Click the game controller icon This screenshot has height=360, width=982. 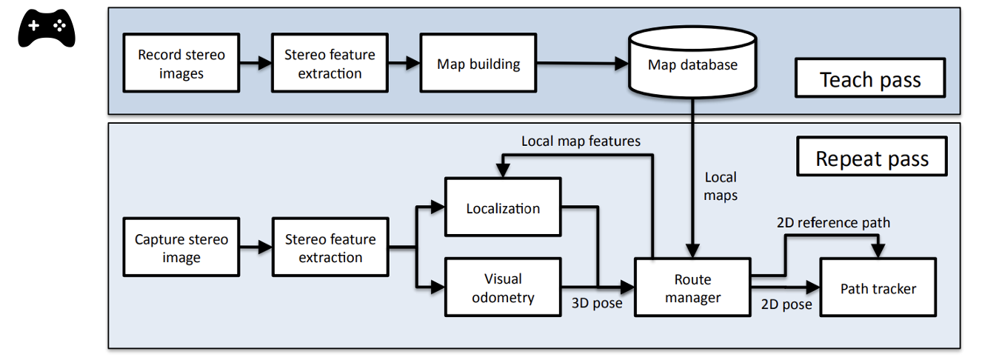[46, 29]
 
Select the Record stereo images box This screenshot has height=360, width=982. [181, 64]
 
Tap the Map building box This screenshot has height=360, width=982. [478, 64]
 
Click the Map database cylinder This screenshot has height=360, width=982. [692, 65]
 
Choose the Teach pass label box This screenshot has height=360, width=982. [870, 79]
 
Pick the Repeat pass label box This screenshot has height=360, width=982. [872, 158]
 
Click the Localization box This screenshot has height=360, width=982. [503, 208]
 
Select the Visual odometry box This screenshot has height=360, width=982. [503, 288]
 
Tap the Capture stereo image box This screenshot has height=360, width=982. [181, 248]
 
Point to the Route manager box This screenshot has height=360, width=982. [692, 288]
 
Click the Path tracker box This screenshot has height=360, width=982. [878, 288]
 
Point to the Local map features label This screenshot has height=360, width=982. [581, 141]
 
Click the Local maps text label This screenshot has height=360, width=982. [721, 187]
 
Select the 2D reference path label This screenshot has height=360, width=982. [833, 222]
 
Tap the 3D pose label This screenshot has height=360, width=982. [597, 303]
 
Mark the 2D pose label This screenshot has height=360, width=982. [786, 304]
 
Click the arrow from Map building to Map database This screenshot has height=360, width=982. [582, 64]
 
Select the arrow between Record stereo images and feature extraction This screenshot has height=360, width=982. [255, 64]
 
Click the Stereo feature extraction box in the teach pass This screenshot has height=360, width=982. [330, 64]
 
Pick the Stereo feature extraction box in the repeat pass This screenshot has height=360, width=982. [330, 248]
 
